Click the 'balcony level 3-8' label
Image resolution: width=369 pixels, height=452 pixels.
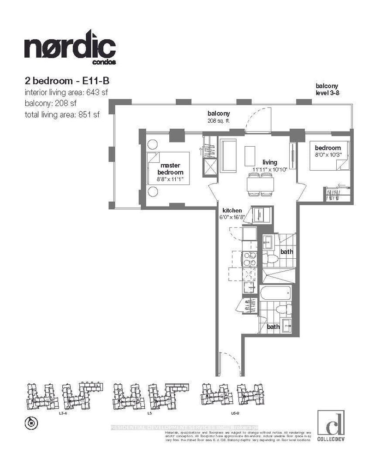click(x=327, y=89)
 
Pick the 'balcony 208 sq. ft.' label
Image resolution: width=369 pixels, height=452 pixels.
click(x=218, y=117)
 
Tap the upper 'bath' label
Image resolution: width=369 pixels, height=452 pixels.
click(x=286, y=252)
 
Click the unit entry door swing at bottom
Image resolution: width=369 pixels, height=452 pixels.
click(x=229, y=363)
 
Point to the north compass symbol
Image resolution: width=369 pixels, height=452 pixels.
click(x=31, y=421)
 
